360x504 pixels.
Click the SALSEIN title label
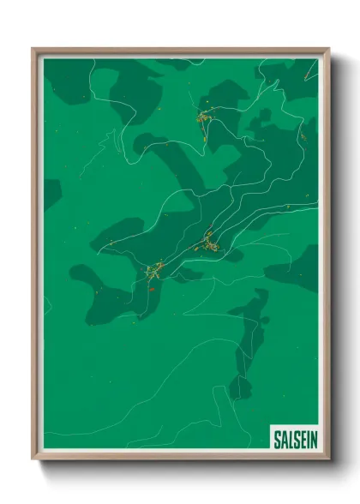[x=294, y=440]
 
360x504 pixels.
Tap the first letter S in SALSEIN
[x=277, y=440]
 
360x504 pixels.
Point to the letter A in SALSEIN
[x=284, y=440]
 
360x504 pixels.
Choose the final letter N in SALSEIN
[x=313, y=440]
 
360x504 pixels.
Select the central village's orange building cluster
[x=207, y=241]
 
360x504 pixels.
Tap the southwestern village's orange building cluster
[x=154, y=272]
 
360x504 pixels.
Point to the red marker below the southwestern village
[x=152, y=290]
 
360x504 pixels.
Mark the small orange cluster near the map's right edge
[x=303, y=135]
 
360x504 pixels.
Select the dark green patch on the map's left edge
[x=51, y=193]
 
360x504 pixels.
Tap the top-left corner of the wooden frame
[x=33, y=50]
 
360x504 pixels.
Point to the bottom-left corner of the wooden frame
[x=33, y=458]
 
